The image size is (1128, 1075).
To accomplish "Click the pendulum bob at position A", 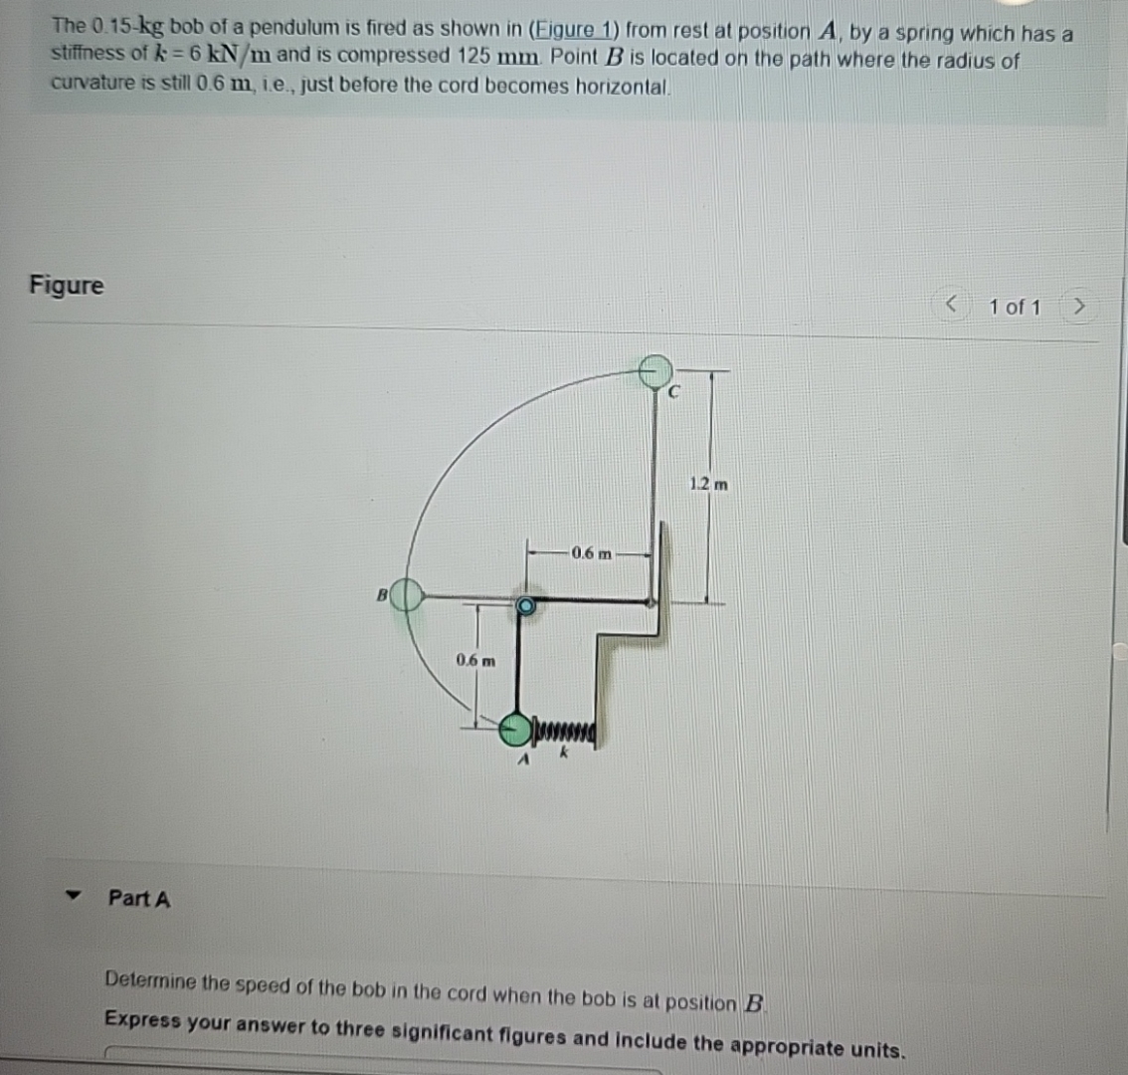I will coord(515,730).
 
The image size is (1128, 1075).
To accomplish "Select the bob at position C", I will coord(655,372).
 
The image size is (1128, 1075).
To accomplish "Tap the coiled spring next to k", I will coord(567,734).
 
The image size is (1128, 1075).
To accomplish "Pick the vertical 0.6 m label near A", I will coord(474,660).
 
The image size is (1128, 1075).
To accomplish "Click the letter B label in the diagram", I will coord(380,596).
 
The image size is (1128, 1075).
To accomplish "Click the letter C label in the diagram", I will coord(672,393).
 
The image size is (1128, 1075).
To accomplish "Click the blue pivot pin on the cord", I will coord(525,604).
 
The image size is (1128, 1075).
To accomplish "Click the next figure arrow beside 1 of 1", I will coord(1077,307).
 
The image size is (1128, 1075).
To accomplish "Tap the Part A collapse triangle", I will coord(71,896).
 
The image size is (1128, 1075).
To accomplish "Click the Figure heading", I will coord(66,285).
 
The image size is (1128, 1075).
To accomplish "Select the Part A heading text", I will coord(139,898).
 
